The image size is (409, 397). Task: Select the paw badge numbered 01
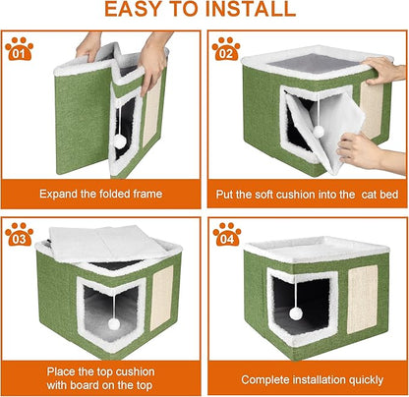click(19, 50)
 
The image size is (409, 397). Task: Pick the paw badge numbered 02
click(225, 50)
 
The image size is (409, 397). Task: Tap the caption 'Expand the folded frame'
click(101, 193)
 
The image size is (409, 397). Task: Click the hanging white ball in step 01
click(120, 142)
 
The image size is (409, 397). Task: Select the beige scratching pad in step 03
click(163, 299)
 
